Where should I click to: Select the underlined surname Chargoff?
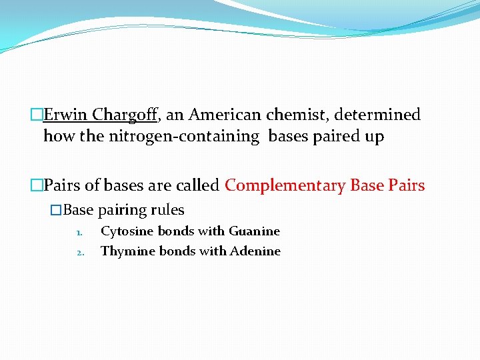coord(125,115)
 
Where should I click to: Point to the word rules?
coord(167,210)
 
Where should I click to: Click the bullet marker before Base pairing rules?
coord(56,210)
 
